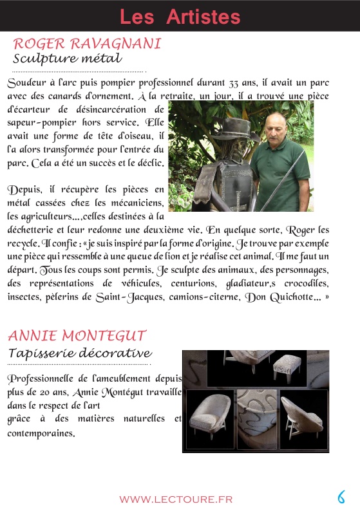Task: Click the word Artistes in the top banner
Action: click(x=203, y=16)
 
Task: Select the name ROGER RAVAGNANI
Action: click(x=87, y=44)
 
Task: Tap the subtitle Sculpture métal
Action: click(x=67, y=59)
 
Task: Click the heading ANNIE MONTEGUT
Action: click(x=77, y=335)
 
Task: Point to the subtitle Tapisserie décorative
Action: click(x=80, y=353)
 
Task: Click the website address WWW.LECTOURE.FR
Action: click(x=176, y=499)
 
